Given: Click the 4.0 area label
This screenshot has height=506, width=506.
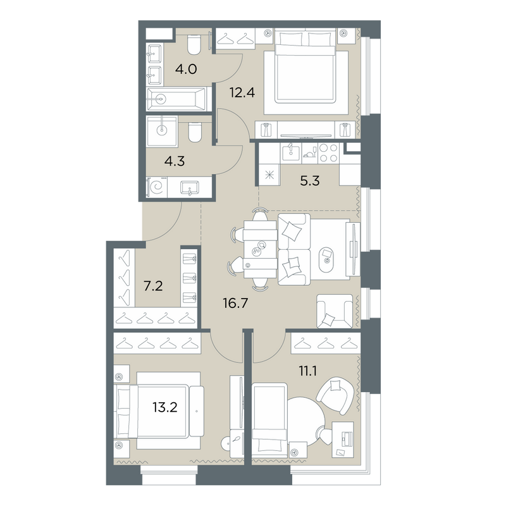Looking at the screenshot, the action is (186, 69).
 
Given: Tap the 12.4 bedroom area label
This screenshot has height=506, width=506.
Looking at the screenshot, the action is (242, 92).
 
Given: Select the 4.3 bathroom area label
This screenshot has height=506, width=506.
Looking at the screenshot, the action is (175, 161).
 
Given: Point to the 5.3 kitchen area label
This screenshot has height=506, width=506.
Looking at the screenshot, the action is (310, 181).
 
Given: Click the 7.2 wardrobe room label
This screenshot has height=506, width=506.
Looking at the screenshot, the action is (153, 286).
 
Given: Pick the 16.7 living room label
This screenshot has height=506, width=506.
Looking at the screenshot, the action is (235, 303).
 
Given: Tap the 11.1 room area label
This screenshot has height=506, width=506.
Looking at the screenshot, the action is (308, 371).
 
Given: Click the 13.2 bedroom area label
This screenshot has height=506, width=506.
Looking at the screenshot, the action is (165, 407).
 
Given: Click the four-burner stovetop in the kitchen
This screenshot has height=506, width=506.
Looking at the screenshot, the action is (328, 152).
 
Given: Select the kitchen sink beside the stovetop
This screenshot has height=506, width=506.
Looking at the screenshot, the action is (291, 152).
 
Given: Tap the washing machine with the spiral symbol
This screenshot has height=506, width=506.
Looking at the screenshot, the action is (157, 187).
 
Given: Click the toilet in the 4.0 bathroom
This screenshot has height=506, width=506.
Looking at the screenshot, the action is (194, 45).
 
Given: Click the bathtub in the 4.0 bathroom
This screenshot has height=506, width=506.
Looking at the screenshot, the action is (176, 99).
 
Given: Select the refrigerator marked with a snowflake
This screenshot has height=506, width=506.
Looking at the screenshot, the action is (269, 175).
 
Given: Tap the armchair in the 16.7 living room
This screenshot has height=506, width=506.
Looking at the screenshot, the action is (335, 311).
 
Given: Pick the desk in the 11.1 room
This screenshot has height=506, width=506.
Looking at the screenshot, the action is (343, 439).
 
